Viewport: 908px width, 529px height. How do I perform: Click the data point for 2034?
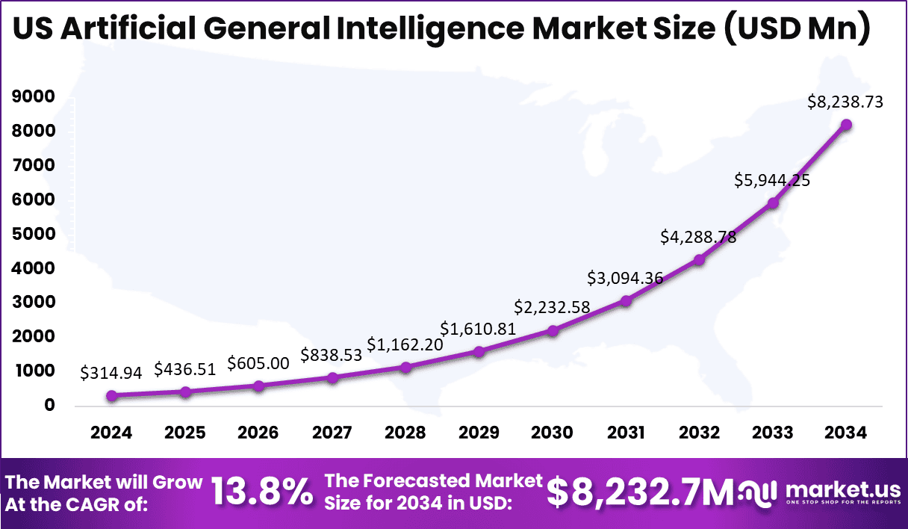tap(846, 125)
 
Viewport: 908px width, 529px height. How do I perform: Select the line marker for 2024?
tap(111, 396)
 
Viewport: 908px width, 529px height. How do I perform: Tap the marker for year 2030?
tap(553, 330)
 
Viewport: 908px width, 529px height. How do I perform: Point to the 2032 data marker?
tap(699, 260)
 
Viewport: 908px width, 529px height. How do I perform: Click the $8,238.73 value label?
tap(846, 102)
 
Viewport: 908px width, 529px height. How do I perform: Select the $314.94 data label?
tap(111, 373)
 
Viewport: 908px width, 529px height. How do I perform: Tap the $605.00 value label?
tap(258, 362)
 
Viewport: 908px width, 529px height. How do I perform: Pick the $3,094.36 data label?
tap(626, 278)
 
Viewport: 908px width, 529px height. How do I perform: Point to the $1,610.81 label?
tap(479, 328)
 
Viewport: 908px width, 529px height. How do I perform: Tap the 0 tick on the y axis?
tap(49, 406)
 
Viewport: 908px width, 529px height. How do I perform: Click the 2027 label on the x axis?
tap(332, 433)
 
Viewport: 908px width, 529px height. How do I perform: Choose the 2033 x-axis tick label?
tap(773, 433)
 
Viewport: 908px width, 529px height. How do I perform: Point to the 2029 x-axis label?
tap(479, 433)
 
